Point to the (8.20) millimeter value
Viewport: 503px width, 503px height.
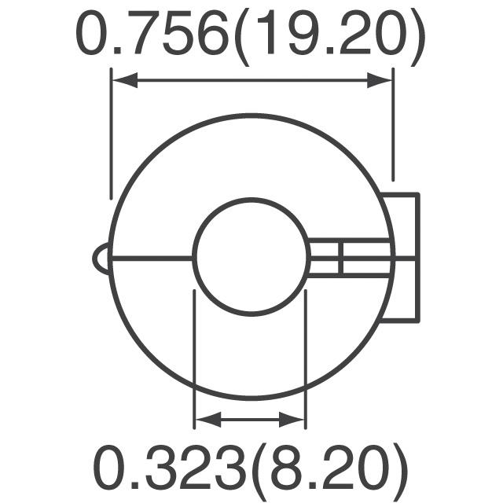(330, 469)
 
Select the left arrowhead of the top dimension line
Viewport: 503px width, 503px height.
(122, 79)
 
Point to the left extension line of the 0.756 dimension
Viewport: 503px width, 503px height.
(112, 134)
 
